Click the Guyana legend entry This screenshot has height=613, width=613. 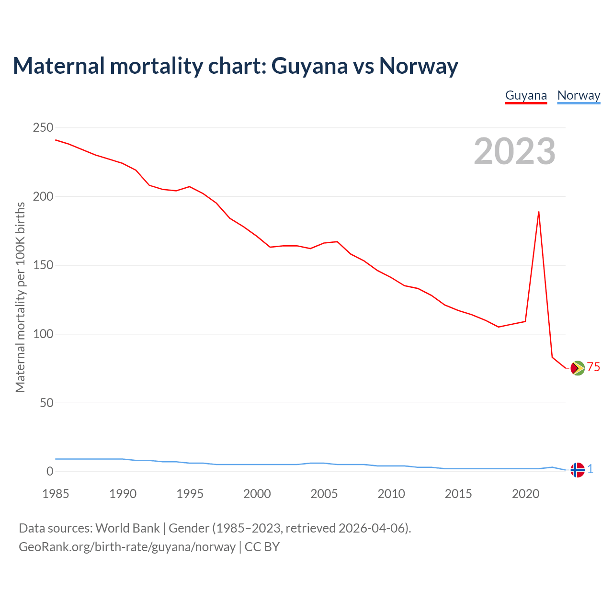[x=526, y=95]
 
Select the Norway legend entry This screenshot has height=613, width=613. [x=579, y=95]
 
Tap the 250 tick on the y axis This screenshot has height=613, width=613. [x=43, y=128]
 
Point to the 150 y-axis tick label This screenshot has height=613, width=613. [x=43, y=265]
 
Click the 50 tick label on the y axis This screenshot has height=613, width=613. [x=46, y=403]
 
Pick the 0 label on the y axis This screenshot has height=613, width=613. [x=50, y=472]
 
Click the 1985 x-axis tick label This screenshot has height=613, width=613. [x=56, y=494]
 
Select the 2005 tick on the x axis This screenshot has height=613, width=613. [x=324, y=494]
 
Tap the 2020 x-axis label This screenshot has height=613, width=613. [x=525, y=494]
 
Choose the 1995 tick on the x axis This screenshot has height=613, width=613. [x=190, y=494]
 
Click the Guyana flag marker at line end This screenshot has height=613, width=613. [x=578, y=368]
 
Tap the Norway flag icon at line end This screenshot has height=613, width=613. [x=578, y=470]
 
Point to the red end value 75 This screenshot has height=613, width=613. [x=593, y=367]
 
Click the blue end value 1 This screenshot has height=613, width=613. [x=590, y=469]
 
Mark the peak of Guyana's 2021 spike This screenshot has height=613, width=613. [x=539, y=212]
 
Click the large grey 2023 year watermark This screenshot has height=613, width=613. [x=514, y=151]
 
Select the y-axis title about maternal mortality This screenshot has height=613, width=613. [x=20, y=297]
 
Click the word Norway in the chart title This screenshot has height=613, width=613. [x=419, y=66]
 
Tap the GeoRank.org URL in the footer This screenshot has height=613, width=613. [x=127, y=546]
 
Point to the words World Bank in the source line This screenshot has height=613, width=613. [x=127, y=528]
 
